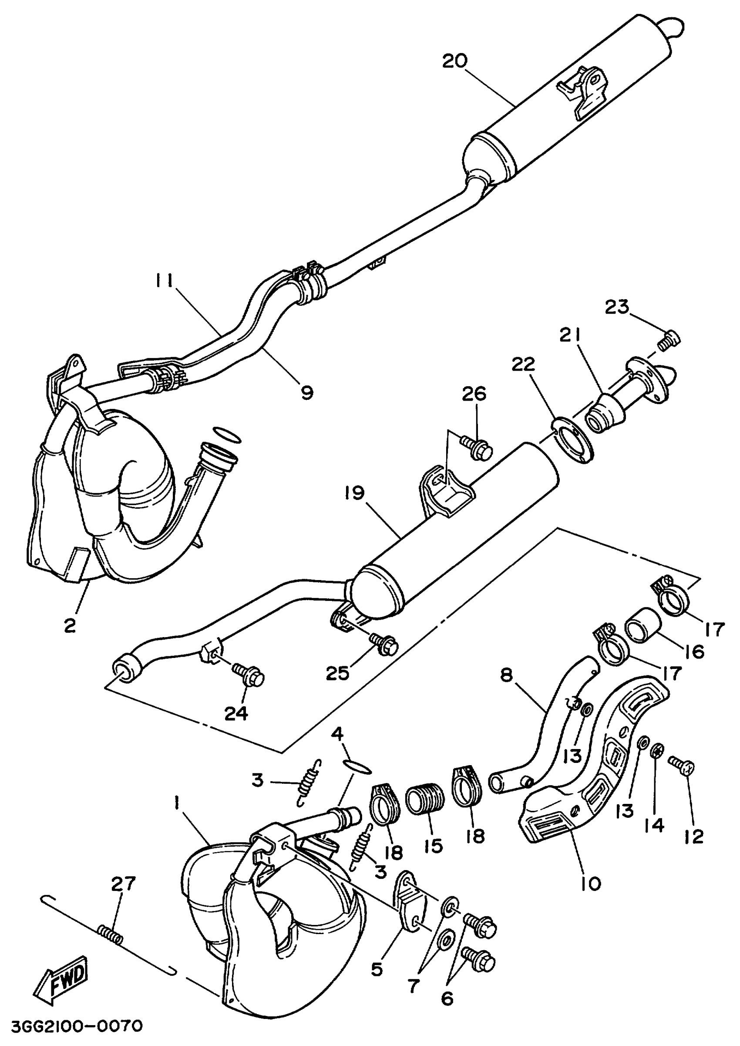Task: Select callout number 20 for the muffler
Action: (454, 61)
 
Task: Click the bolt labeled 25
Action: (385, 644)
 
